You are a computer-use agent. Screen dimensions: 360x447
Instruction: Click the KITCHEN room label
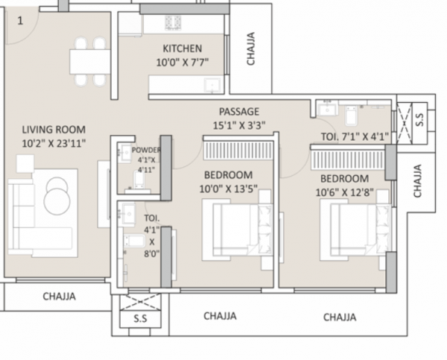(183, 49)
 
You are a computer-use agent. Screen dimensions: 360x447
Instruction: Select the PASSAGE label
(239, 112)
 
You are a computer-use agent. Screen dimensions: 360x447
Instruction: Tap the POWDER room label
(146, 150)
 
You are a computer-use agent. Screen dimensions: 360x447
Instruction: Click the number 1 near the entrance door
(20, 21)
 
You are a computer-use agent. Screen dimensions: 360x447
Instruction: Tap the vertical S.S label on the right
(420, 118)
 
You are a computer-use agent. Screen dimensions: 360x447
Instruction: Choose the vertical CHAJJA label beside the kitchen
(250, 48)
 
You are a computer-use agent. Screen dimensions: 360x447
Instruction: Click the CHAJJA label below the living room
(58, 297)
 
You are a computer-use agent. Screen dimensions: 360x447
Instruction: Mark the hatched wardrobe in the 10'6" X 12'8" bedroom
(346, 158)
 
